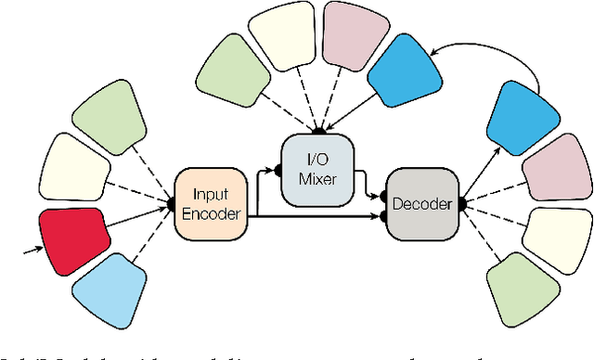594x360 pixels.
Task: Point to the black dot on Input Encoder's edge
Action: click(175, 204)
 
